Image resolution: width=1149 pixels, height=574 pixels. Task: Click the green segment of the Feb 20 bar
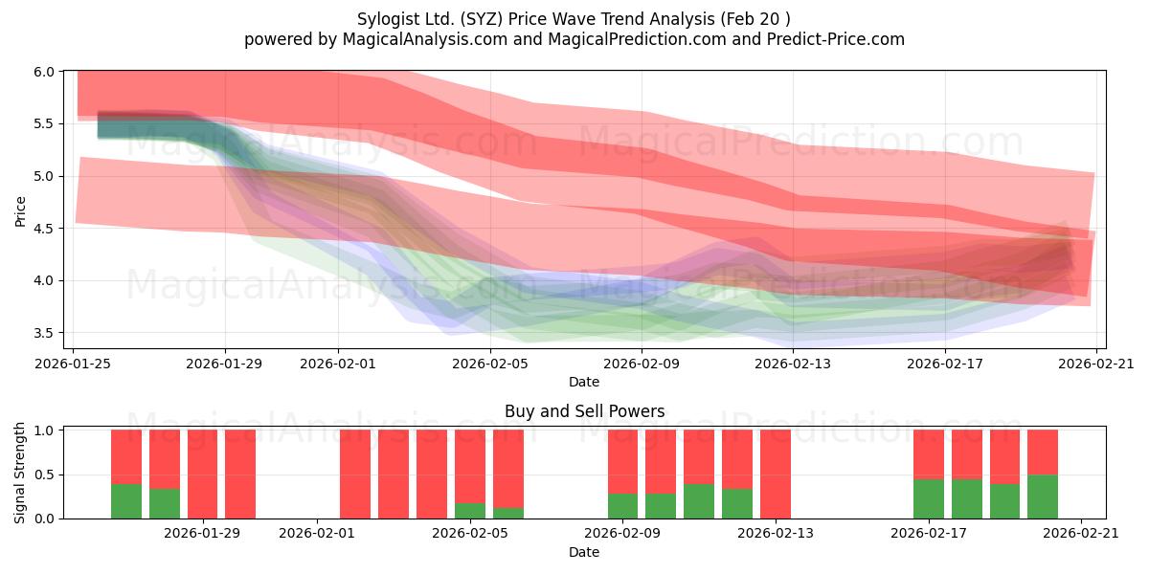[1043, 497]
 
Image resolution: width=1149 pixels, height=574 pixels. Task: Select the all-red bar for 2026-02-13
[775, 475]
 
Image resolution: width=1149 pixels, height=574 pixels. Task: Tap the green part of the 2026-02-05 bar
[470, 511]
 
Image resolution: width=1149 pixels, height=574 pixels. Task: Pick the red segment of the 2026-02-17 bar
[929, 454]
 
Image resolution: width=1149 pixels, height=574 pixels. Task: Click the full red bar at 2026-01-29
[202, 475]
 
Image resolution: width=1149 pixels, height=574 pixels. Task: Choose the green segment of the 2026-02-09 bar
[622, 506]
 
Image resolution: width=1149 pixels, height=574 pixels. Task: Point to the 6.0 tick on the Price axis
[44, 72]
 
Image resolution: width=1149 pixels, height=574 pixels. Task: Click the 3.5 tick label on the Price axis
[44, 333]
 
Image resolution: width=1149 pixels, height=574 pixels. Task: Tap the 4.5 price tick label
[44, 229]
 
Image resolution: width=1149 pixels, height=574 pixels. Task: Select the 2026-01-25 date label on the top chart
[73, 364]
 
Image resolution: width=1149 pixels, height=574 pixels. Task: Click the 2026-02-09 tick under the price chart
[642, 364]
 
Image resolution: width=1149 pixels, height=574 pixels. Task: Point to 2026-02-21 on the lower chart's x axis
[1081, 534]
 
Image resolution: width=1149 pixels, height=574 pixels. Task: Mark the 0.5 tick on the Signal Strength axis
[44, 475]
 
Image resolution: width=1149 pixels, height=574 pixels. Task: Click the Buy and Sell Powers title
[584, 411]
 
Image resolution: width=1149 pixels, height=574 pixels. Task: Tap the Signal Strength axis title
[19, 473]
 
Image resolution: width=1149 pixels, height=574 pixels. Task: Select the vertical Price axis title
[20, 211]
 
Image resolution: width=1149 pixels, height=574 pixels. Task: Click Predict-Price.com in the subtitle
[836, 39]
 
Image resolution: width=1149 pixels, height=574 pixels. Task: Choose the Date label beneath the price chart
[584, 382]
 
